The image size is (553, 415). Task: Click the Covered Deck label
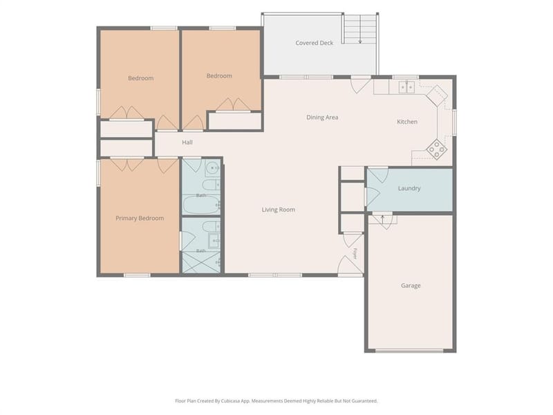click(x=314, y=43)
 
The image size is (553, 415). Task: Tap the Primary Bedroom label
click(x=140, y=218)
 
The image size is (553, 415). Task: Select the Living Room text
click(x=279, y=210)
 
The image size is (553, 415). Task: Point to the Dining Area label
click(x=322, y=118)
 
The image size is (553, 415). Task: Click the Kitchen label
click(x=407, y=122)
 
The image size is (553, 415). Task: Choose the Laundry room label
click(x=409, y=188)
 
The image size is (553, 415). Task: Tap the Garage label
click(x=411, y=286)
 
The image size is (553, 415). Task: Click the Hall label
click(x=187, y=142)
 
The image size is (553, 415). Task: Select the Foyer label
click(x=355, y=254)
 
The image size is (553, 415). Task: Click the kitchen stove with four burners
click(x=437, y=149)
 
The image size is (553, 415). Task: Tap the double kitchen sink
click(x=406, y=87)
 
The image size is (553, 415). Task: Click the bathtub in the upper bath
click(x=200, y=205)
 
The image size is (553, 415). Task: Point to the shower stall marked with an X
click(x=200, y=262)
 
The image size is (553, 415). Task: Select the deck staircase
click(x=359, y=29)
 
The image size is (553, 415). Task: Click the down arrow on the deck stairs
click(x=359, y=34)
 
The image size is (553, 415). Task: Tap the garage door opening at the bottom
click(x=409, y=351)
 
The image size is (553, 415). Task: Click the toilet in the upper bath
click(x=212, y=185)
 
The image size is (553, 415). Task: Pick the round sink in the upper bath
click(x=212, y=168)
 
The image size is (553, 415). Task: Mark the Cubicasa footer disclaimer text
click(x=276, y=401)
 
